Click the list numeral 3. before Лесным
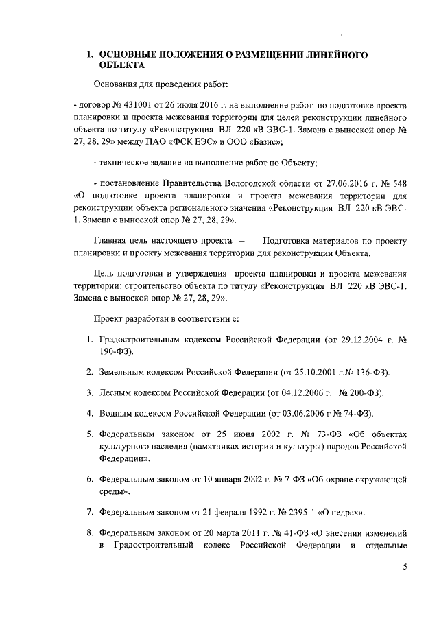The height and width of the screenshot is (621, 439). (x=90, y=392)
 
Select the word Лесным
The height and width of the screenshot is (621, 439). (x=115, y=392)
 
